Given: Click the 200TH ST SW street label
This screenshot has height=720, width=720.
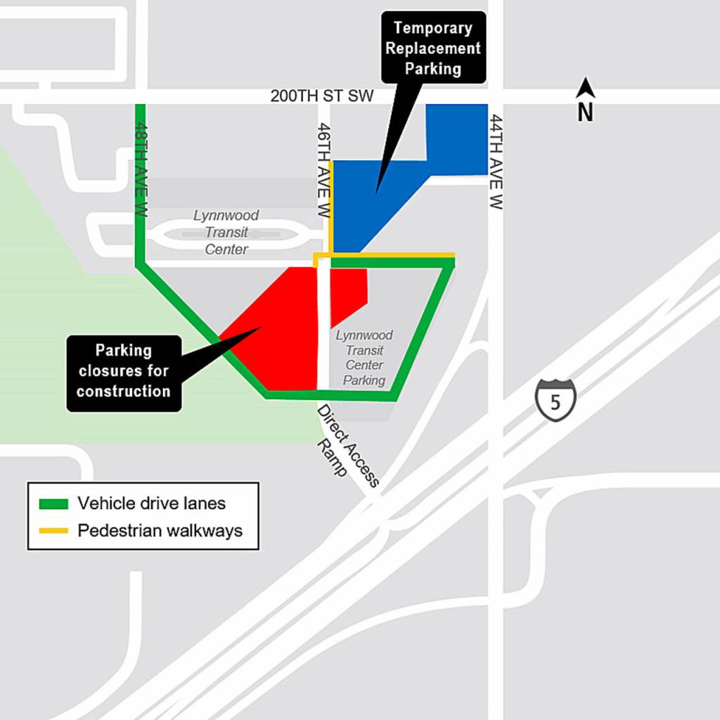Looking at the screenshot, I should tap(322, 96).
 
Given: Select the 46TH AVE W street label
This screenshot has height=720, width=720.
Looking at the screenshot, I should tap(323, 169).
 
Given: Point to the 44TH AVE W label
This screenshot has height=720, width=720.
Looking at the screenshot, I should tap(496, 162).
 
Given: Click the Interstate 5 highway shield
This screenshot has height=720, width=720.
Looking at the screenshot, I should tap(555, 398).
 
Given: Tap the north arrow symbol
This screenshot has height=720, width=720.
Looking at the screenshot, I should tap(586, 88).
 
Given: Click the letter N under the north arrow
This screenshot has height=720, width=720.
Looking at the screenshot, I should tap(586, 112).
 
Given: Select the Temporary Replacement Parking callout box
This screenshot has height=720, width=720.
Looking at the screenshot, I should tap(433, 48).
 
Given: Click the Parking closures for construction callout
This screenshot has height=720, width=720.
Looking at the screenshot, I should tap(124, 371).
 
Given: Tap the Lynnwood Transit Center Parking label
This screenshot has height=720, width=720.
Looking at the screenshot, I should tap(364, 358).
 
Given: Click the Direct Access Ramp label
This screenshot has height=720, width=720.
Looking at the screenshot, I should tap(346, 444).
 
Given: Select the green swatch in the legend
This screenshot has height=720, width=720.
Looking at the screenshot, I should tap(53, 503).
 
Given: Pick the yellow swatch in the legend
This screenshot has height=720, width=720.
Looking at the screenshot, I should tap(53, 530).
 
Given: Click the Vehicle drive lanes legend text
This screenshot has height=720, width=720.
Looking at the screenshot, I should tap(151, 503).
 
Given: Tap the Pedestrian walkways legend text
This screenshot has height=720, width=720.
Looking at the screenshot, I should tap(160, 530).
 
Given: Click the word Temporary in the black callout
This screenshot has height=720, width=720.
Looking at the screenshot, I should tap(432, 28).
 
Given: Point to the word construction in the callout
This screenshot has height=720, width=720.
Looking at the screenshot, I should tap(124, 391).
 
